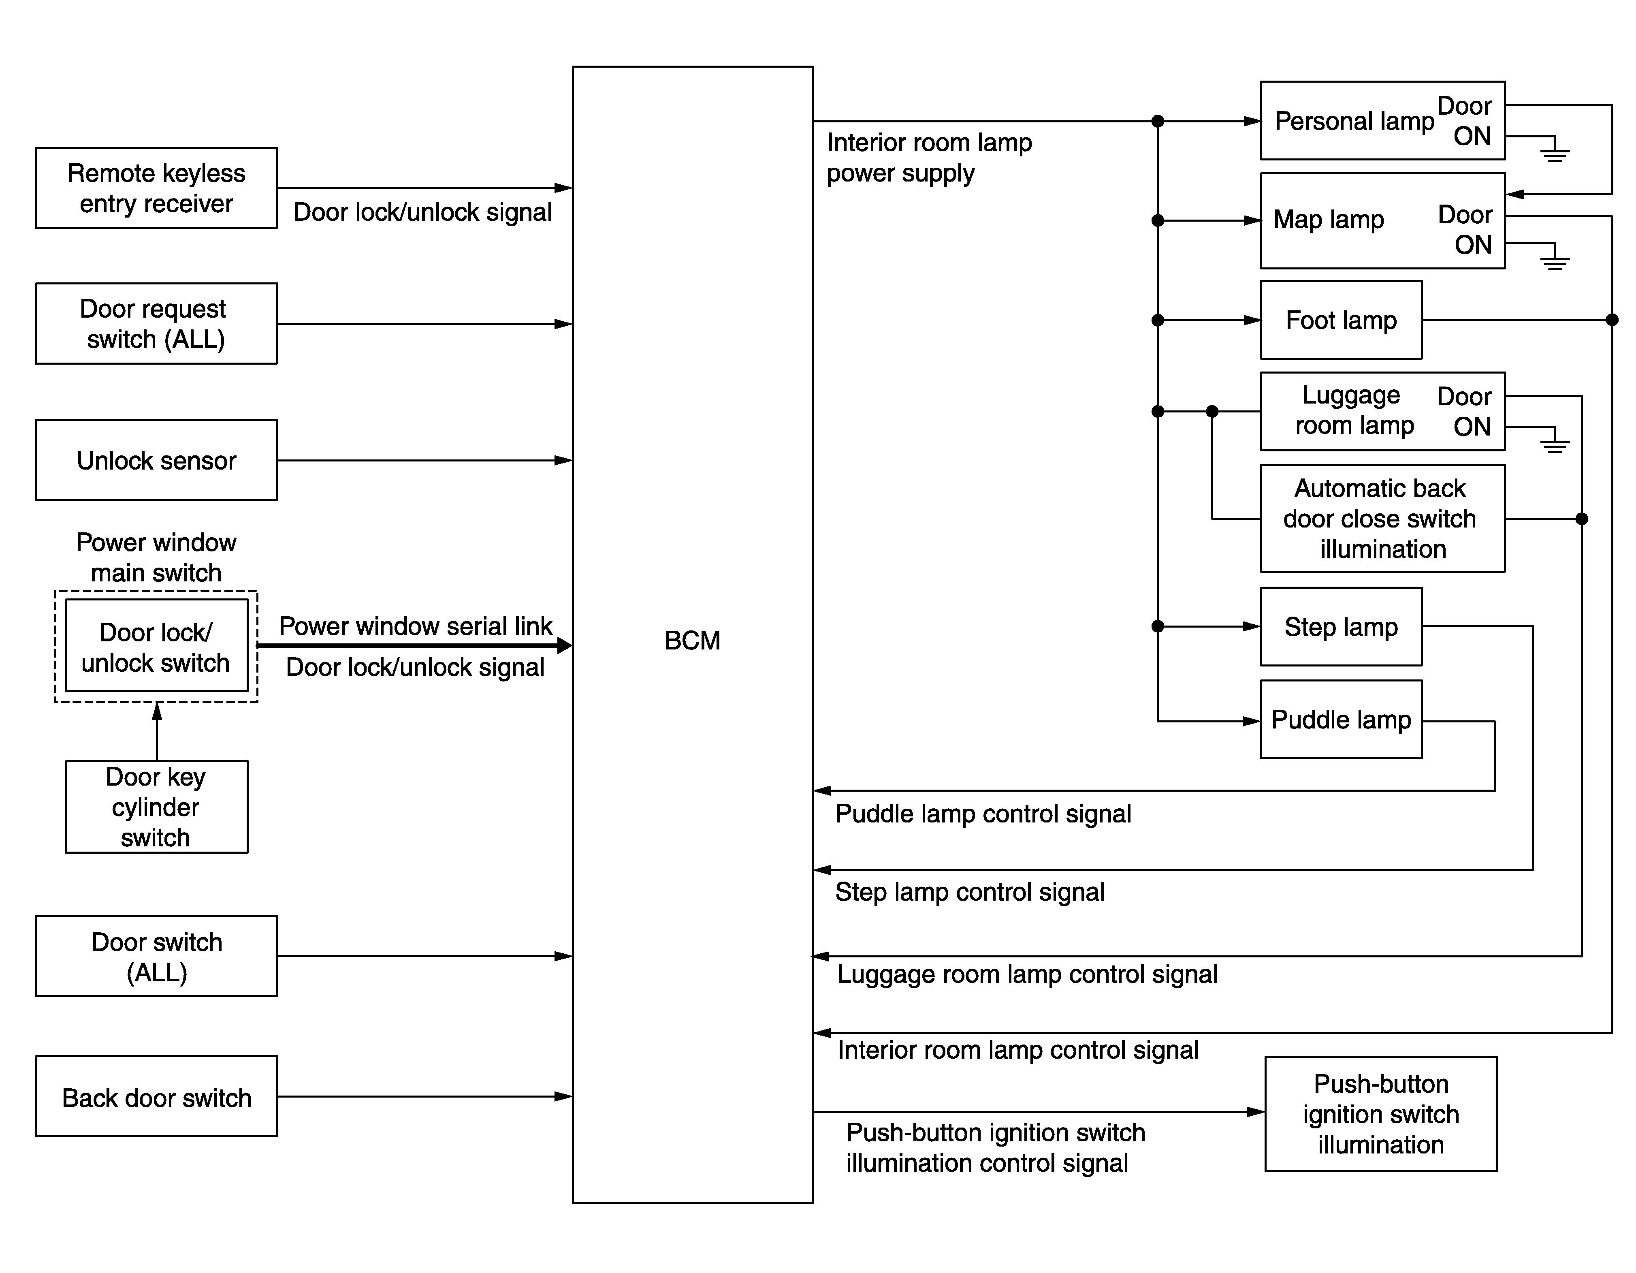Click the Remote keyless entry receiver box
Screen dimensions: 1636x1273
coord(156,188)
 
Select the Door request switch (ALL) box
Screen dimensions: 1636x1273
coord(156,324)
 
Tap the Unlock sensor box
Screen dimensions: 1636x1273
coord(156,460)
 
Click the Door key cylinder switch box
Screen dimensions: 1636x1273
coord(157,807)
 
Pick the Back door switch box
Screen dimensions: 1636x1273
coord(156,1097)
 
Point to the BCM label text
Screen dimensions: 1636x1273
coord(692,641)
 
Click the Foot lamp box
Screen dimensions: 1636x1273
coord(1341,320)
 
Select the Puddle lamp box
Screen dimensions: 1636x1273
coord(1341,719)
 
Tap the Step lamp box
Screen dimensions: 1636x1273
coord(1341,626)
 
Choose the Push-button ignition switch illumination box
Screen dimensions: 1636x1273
coord(1380,1114)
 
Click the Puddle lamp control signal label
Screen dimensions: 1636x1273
coord(983,814)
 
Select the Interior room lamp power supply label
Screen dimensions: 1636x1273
coord(929,157)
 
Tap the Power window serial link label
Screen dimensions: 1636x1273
coord(415,626)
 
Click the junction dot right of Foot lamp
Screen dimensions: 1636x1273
coord(1612,320)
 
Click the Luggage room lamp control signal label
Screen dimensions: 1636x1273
coord(1027,974)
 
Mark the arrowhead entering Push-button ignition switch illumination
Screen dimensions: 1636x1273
coord(1256,1112)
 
